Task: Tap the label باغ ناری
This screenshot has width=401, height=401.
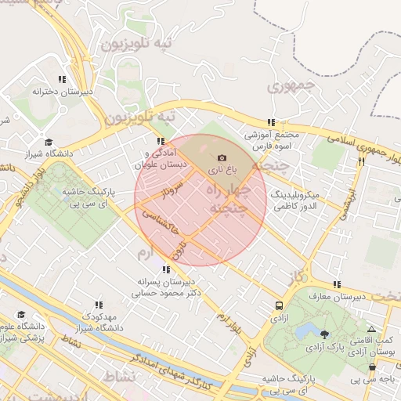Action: pos(220,170)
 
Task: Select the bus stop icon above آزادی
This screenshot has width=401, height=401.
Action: pos(279,306)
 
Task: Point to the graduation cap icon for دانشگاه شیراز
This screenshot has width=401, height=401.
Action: pos(49,143)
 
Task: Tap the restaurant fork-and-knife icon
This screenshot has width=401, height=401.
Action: pos(361,162)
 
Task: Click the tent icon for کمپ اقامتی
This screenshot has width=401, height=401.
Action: pos(371,330)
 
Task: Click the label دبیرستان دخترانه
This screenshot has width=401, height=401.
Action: pos(62,92)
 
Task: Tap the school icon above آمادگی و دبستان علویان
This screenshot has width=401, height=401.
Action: pos(160,142)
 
